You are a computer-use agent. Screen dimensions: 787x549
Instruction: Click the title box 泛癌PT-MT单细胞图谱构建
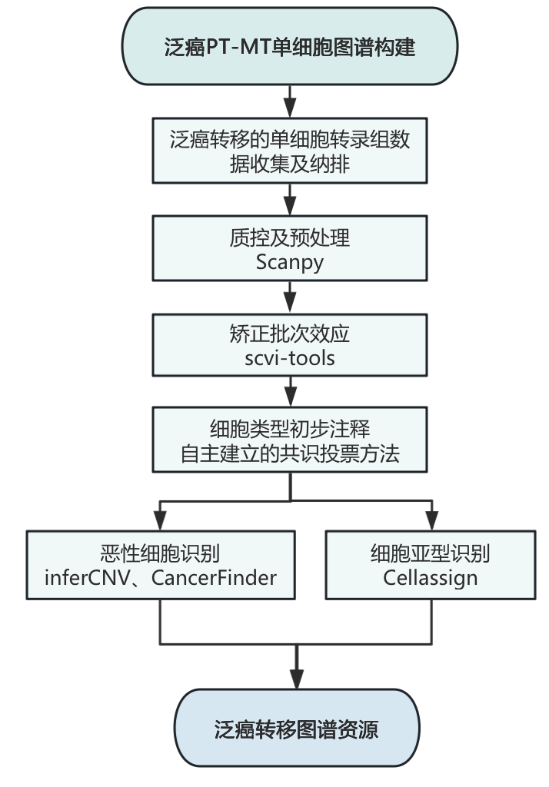pos(290,48)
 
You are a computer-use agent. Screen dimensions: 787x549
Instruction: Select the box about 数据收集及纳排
pos(290,151)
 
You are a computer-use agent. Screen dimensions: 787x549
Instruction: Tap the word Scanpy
pos(290,261)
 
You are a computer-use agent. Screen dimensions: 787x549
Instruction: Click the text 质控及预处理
pos(290,238)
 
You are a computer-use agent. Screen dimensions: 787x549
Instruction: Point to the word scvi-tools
pos(290,358)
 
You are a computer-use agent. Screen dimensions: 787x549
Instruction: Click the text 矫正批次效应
pos(290,336)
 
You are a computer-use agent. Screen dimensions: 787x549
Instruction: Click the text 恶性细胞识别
pos(161,553)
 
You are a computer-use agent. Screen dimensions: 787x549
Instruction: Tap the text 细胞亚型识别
pos(431,553)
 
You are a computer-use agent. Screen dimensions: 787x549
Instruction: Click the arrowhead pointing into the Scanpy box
pos(290,208)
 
